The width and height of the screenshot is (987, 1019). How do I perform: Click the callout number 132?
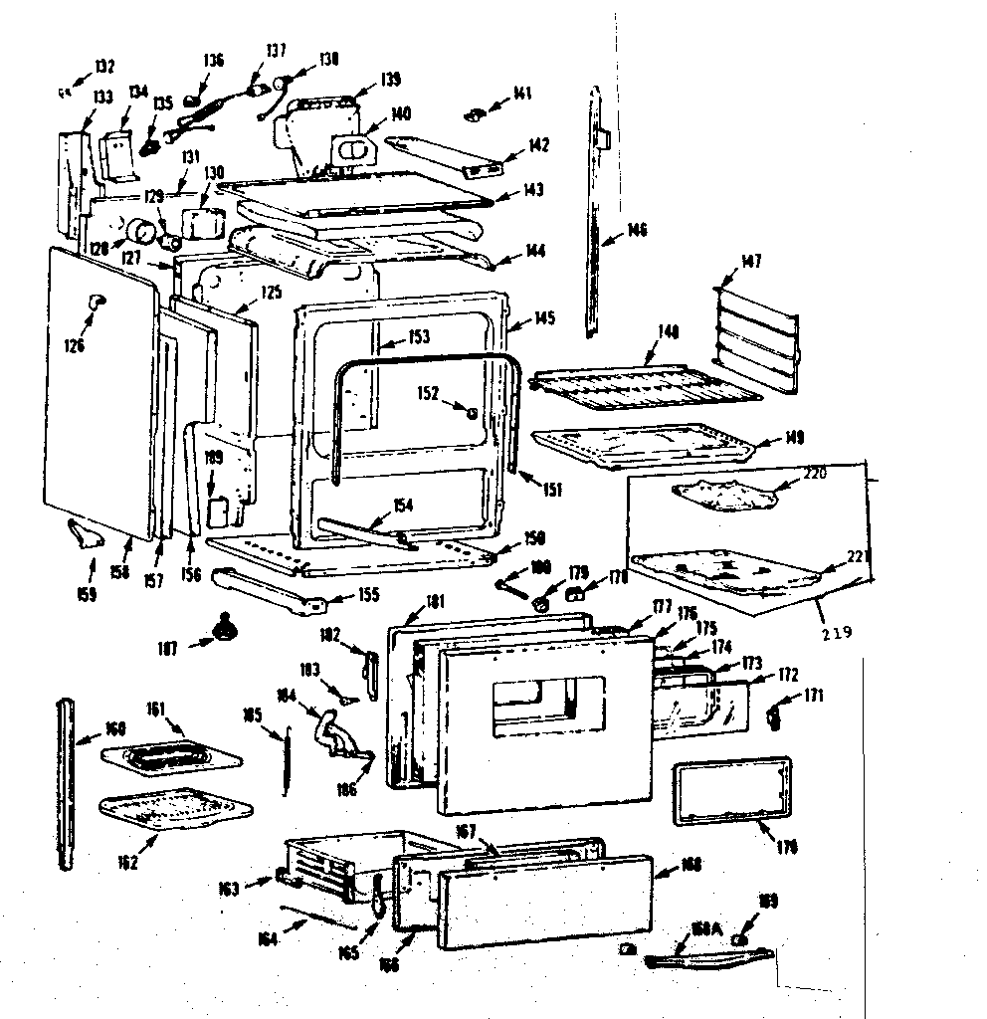(104, 67)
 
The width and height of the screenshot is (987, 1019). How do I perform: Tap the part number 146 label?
(637, 231)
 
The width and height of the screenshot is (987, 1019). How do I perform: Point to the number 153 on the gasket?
(419, 337)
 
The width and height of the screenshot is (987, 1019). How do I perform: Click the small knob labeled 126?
(96, 301)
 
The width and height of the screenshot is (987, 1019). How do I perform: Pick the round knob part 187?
(230, 628)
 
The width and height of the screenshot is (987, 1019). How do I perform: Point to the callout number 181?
(434, 601)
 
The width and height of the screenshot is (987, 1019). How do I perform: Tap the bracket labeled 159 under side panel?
(89, 537)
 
